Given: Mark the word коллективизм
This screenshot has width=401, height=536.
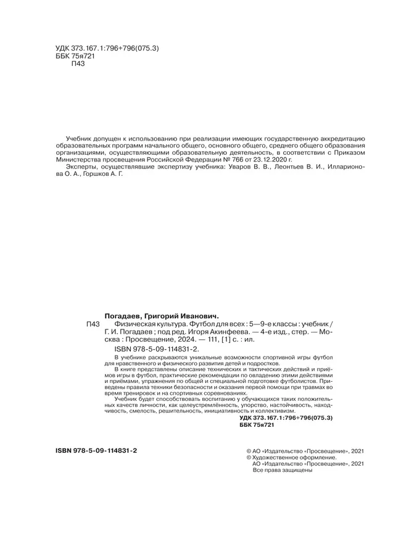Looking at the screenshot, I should (275, 410).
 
